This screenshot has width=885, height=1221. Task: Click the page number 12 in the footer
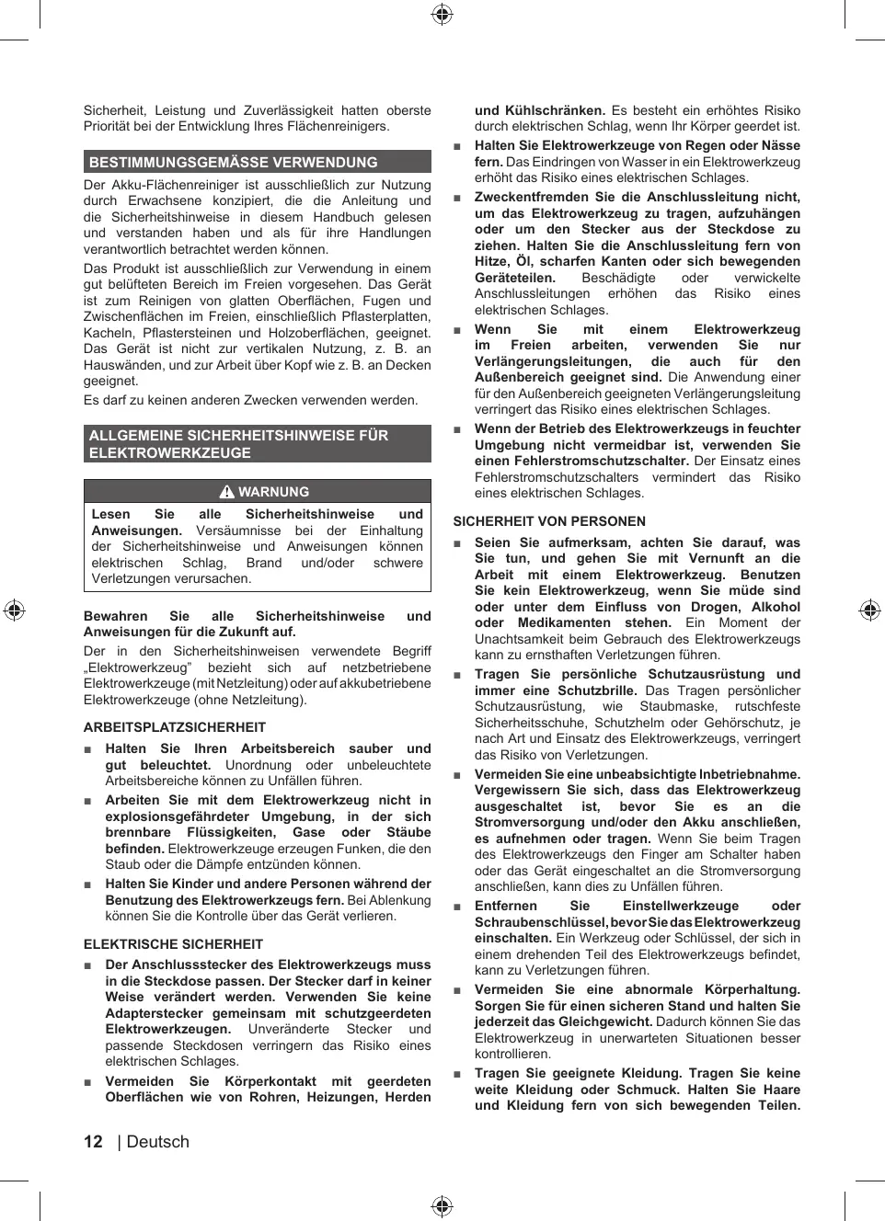(x=93, y=1142)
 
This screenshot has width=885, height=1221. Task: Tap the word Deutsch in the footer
(x=157, y=1142)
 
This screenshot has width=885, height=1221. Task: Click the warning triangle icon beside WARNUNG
(x=227, y=492)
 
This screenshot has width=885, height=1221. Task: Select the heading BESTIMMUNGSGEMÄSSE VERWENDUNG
(x=233, y=163)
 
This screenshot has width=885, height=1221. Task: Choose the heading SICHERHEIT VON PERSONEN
(x=549, y=521)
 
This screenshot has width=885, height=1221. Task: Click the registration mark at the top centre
(x=442, y=14)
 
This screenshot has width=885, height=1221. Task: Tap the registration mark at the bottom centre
(x=442, y=1206)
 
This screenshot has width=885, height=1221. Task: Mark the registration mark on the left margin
(x=14, y=610)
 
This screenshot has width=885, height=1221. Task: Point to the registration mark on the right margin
(x=869, y=610)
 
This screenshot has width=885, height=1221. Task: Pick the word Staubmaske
(x=679, y=706)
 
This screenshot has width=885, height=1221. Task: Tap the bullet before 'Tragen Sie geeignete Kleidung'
(x=457, y=1074)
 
